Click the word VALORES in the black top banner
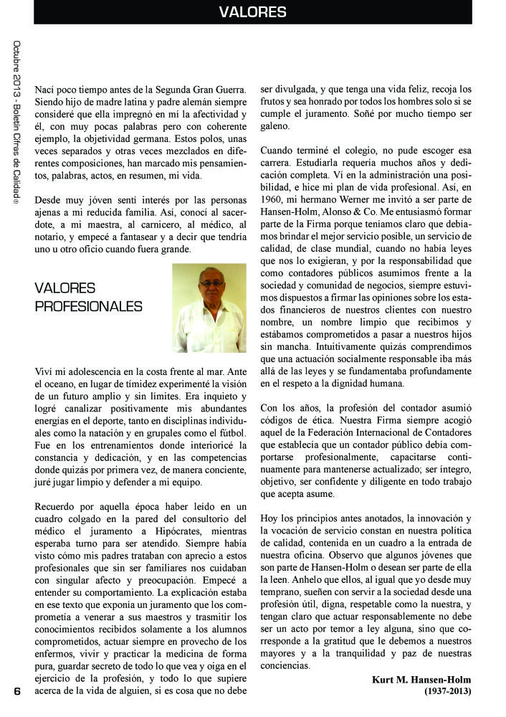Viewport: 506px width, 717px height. pyautogui.click(x=252, y=12)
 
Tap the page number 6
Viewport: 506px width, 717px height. pyautogui.click(x=15, y=691)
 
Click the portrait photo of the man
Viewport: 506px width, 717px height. pyautogui.click(x=209, y=308)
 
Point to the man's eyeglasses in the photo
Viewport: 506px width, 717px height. pyautogui.click(x=211, y=284)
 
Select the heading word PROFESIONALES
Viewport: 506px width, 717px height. pyautogui.click(x=88, y=306)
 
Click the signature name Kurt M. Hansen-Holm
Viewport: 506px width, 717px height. pyautogui.click(x=421, y=679)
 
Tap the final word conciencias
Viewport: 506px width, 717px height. pyautogui.click(x=285, y=665)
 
